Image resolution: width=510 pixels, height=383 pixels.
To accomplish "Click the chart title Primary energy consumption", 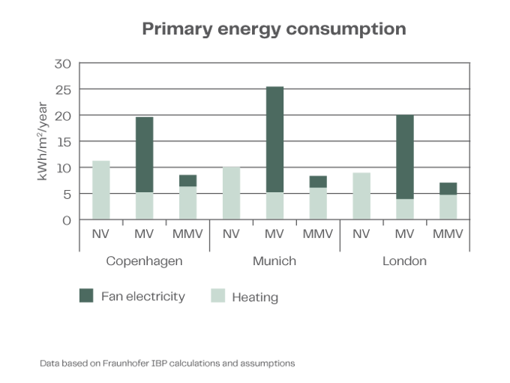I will coord(274,30).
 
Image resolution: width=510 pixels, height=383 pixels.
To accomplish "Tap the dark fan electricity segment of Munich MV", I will coord(274,138).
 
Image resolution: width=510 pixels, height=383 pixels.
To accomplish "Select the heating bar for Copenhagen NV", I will coord(100,189).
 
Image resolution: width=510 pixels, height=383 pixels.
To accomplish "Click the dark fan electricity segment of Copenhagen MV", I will coord(144,154).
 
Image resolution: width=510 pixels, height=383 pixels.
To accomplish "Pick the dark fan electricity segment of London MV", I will coord(405,156).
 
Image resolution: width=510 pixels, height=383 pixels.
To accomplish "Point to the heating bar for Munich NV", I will coord(231,193).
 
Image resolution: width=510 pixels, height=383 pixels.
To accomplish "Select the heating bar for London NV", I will coord(361,195).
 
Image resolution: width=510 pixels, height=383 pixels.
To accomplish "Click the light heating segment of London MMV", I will coord(448,207).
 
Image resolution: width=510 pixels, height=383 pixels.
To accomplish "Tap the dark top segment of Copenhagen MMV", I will coord(187,179).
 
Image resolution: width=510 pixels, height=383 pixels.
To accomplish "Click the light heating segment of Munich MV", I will coord(274,207).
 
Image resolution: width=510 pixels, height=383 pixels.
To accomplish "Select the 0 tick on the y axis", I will coord(67,221).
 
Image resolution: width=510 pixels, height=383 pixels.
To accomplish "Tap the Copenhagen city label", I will coord(145,262).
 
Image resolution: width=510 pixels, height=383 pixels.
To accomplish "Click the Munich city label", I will coord(274,262).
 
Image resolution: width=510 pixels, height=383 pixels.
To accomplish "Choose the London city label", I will coord(405,262).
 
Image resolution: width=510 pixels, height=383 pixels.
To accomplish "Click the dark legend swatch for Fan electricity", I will coord(86,297).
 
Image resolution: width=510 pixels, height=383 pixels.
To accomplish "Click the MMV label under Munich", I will coord(318,234).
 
